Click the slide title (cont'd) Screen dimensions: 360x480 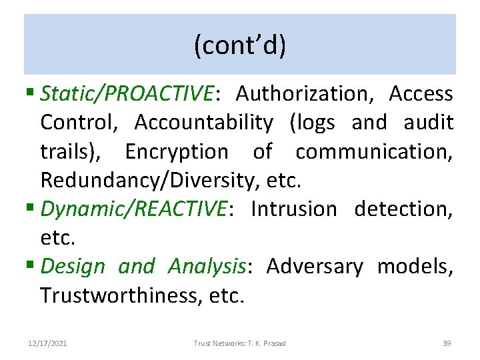(x=239, y=45)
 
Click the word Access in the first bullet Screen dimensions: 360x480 (x=421, y=94)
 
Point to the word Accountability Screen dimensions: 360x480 (x=203, y=123)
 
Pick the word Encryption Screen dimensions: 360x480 (x=176, y=152)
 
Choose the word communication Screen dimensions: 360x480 (x=374, y=152)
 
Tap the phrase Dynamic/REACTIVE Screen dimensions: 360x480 (x=133, y=209)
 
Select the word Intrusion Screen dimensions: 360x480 (x=294, y=209)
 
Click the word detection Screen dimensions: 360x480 (x=403, y=209)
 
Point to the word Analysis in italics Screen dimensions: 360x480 (x=207, y=267)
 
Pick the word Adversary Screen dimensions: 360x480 (x=315, y=267)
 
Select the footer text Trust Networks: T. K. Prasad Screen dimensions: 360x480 (x=239, y=343)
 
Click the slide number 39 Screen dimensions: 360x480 (x=447, y=343)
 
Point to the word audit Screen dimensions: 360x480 (x=429, y=123)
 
